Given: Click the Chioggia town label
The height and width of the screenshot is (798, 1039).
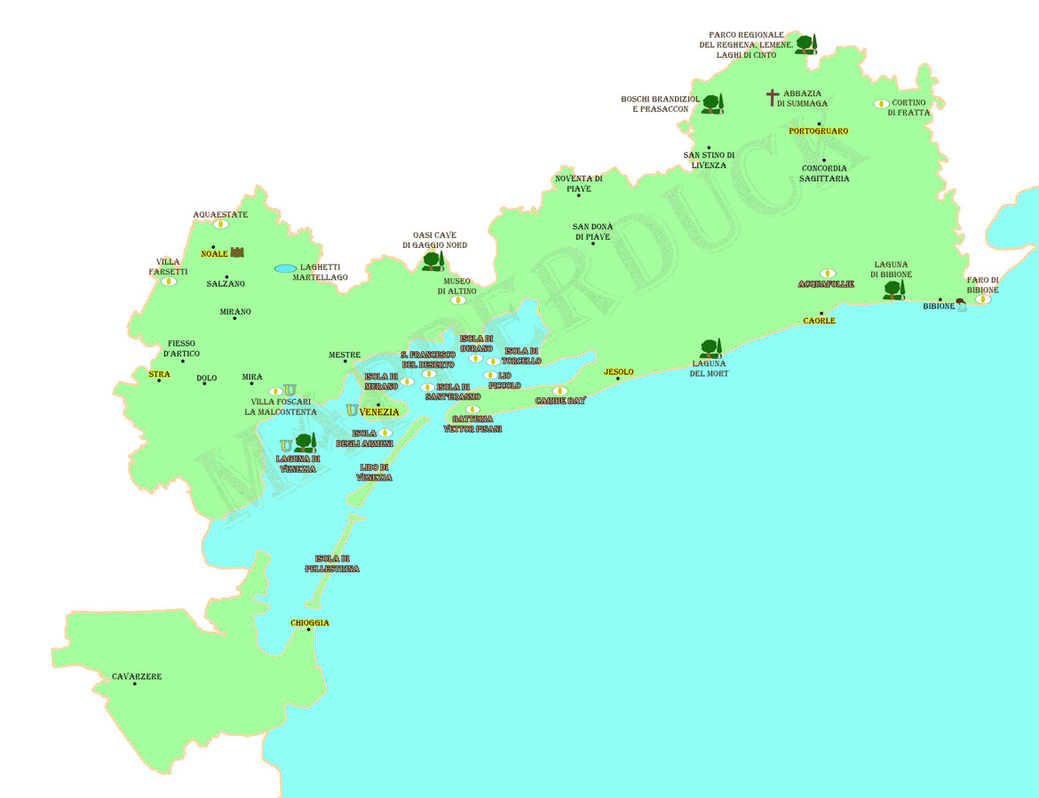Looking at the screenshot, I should tap(310, 623).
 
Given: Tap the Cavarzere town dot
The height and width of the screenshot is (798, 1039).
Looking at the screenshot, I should tap(135, 683).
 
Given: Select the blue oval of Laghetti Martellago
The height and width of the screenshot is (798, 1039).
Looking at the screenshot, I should tap(285, 268).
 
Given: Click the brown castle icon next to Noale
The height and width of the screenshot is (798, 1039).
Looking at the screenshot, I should tap(237, 252).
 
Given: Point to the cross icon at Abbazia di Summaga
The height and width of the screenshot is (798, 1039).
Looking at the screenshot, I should tap(773, 98).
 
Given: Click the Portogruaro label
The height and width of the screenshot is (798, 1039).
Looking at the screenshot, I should tap(818, 132).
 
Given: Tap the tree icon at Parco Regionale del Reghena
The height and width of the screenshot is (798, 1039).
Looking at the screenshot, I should tap(805, 44).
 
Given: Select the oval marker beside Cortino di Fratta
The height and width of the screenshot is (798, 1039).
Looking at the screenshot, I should tap(881, 104).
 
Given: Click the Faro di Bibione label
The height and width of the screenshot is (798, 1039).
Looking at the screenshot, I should tap(982, 285).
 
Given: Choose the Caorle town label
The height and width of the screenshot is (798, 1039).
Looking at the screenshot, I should tap(819, 321).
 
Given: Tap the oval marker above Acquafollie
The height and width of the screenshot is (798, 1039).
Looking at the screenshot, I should tap(827, 274).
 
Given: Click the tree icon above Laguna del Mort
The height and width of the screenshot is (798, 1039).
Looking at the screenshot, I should tap(710, 348).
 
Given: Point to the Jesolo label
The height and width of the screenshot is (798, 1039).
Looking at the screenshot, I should tap(618, 371).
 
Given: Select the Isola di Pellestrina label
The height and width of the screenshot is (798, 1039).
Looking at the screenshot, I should tap(331, 563).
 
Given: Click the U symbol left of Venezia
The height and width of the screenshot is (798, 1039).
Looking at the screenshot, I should tap(352, 411).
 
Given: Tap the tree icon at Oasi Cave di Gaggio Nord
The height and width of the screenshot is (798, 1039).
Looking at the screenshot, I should tap(432, 261).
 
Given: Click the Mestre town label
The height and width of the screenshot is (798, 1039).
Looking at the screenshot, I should tap(345, 355).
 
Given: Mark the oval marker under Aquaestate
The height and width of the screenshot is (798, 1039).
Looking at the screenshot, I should tap(220, 225).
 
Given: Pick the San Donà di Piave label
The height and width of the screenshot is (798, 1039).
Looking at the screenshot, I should tap(592, 232).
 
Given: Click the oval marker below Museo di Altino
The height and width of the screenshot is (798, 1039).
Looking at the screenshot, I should tap(457, 300).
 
